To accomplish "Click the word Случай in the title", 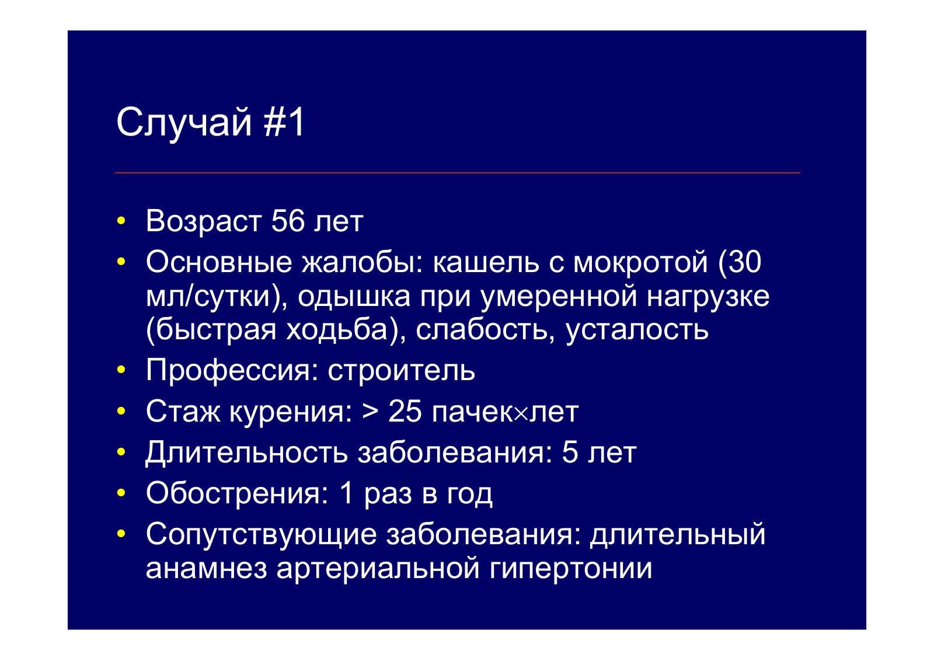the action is click(184, 123).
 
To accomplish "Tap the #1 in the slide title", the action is click(284, 122).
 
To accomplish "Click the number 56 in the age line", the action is click(288, 221).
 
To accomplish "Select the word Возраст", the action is click(204, 222).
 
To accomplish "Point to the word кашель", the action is click(486, 262).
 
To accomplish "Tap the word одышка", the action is click(354, 297).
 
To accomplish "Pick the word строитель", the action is click(401, 370).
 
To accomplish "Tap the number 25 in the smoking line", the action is click(405, 411).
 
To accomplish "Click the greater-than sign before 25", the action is click(370, 412).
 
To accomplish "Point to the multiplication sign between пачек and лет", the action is click(521, 413).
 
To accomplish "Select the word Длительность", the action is click(246, 453).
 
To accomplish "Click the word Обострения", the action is click(237, 493).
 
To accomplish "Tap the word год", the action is click(470, 495).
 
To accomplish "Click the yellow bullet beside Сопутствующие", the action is click(121, 533).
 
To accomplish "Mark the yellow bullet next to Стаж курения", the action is click(121, 411).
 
